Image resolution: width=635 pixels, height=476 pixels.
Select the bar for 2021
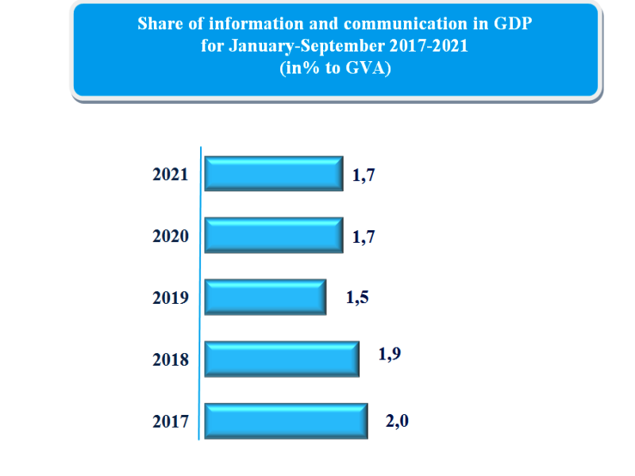pyautogui.click(x=274, y=174)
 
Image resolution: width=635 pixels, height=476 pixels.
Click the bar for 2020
pyautogui.click(x=274, y=236)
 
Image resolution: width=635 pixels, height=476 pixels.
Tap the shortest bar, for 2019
pyautogui.click(x=265, y=297)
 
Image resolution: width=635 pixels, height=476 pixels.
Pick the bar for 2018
pyautogui.click(x=282, y=359)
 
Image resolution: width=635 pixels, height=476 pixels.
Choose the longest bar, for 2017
pyautogui.click(x=287, y=420)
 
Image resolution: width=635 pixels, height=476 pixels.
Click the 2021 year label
pyautogui.click(x=171, y=175)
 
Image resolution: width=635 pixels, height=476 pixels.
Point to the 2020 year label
pyautogui.click(x=171, y=236)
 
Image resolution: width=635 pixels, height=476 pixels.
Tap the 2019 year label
pyautogui.click(x=171, y=298)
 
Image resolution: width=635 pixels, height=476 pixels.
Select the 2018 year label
pyautogui.click(x=171, y=360)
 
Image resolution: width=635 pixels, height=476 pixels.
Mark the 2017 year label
pyautogui.click(x=171, y=422)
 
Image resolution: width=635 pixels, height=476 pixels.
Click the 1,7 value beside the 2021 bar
pyautogui.click(x=364, y=175)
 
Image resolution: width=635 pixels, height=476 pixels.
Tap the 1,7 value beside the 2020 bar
pyautogui.click(x=364, y=236)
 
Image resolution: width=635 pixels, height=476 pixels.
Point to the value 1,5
pyautogui.click(x=358, y=298)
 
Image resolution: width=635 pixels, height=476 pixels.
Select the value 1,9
pyautogui.click(x=390, y=354)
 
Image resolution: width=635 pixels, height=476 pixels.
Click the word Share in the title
pyautogui.click(x=159, y=24)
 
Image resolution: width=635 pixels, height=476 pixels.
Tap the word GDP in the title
pyautogui.click(x=514, y=24)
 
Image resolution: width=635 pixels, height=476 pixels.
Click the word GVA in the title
pyautogui.click(x=365, y=68)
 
